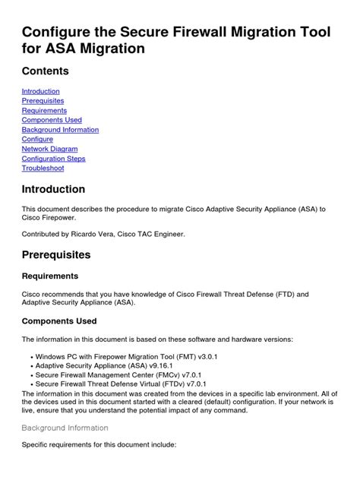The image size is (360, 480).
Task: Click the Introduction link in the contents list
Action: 40,91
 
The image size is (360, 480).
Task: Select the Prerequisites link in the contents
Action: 43,101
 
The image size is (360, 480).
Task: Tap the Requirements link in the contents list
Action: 44,110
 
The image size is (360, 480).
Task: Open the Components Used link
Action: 52,120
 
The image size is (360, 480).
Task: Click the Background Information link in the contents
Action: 60,130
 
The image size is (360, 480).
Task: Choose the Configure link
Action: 37,140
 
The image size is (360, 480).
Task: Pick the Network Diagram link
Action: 49,149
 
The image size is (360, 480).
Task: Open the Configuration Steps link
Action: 53,159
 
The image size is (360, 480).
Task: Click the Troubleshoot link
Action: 43,168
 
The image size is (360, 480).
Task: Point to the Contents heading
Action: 45,71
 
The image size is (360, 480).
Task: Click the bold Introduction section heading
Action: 53,189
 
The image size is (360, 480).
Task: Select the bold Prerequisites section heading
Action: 56,254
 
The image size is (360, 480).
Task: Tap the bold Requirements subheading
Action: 49,276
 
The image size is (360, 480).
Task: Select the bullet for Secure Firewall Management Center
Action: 30,374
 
